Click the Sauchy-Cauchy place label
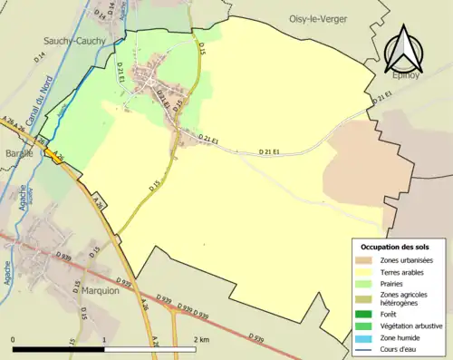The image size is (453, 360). pos(74,41)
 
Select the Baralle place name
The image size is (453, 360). pos(16,153)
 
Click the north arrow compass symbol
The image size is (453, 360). pos(402,50)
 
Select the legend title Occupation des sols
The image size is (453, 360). pos(396,247)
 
